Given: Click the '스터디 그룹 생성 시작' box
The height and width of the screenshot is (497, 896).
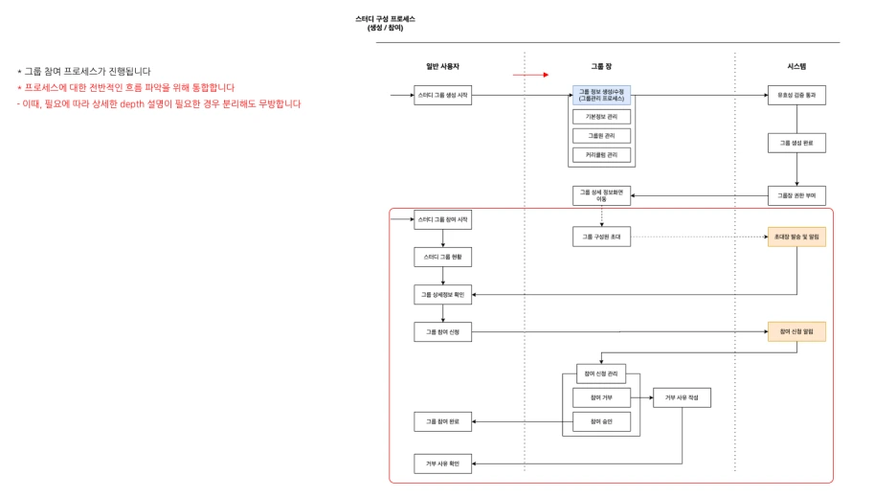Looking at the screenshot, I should (442, 95).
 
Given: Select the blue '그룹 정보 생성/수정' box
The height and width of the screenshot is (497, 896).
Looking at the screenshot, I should (601, 95).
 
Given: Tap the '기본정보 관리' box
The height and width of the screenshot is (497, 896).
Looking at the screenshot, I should (601, 117).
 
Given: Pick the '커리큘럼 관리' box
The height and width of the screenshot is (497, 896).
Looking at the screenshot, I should (601, 154).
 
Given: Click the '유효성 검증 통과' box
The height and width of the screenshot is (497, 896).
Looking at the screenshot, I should (795, 95).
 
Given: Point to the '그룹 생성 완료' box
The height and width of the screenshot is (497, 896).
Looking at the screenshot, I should (795, 143).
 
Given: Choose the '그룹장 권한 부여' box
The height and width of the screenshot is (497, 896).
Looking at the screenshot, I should (795, 195).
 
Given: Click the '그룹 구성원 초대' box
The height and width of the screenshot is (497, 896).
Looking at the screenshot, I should (601, 236).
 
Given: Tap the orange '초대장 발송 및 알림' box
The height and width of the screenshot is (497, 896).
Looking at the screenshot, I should (795, 236).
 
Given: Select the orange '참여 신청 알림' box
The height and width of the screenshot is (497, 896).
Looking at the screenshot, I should (795, 331).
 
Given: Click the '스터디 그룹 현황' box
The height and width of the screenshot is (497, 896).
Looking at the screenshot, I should (442, 257).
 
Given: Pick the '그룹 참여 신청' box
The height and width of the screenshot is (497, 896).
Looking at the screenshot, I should (442, 331).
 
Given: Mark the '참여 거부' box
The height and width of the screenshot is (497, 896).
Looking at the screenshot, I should (601, 396).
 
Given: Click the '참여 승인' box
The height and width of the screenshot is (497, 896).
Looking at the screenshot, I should (601, 421).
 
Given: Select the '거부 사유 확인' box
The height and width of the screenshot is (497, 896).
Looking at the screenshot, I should (442, 463).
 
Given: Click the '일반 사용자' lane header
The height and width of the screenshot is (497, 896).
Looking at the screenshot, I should (442, 66).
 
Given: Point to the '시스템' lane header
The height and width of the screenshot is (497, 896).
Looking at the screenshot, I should (795, 66).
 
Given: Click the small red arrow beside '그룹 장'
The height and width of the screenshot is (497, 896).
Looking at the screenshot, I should (530, 74).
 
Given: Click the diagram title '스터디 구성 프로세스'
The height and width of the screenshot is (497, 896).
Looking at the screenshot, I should (385, 19).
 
